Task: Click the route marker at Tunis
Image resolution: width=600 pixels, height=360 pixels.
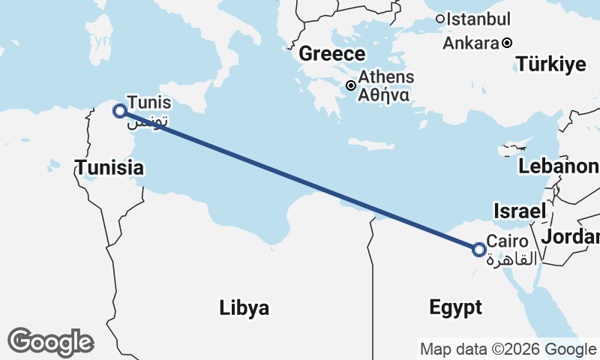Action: click(x=119, y=111)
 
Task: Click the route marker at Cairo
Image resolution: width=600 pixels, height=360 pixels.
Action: click(x=479, y=249)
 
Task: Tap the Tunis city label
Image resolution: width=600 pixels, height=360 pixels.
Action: click(x=149, y=102)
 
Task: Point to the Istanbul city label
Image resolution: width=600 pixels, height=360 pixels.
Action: click(x=478, y=19)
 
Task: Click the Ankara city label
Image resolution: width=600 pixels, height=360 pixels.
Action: click(x=471, y=43)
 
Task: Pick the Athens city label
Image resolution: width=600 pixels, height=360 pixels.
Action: click(x=385, y=77)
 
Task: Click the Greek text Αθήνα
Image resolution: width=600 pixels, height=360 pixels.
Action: click(x=383, y=95)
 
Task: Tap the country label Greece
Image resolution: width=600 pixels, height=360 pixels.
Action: click(x=332, y=54)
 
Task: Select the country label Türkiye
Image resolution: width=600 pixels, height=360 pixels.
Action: click(x=550, y=65)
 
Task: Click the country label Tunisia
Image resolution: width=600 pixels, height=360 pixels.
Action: click(x=109, y=168)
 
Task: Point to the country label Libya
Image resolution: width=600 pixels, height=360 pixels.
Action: click(x=244, y=307)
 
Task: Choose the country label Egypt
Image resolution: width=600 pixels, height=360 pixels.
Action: click(x=455, y=307)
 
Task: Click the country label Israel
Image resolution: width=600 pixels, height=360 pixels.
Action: click(x=519, y=211)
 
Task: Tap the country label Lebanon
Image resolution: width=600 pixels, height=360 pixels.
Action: click(x=559, y=166)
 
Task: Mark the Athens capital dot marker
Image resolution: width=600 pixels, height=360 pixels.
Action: click(x=350, y=85)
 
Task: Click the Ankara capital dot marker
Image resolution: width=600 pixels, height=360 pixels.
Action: click(x=507, y=43)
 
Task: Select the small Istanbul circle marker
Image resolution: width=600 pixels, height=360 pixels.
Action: click(x=440, y=19)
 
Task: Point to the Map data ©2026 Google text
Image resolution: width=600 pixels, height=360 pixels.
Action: click(x=507, y=349)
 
